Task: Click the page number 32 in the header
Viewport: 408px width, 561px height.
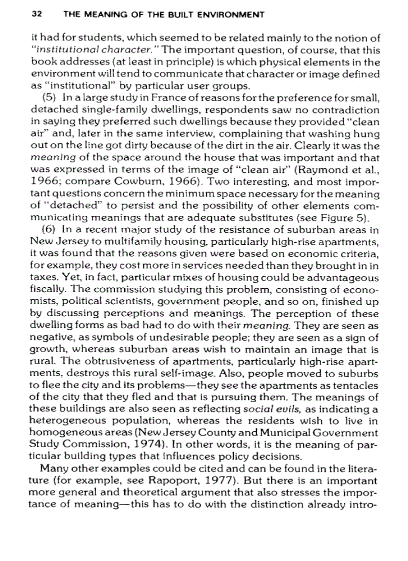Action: coord(35,15)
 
